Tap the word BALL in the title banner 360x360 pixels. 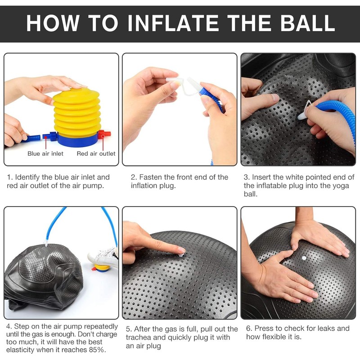(307, 23)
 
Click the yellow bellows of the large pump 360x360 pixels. (76, 112)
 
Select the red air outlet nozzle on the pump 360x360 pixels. (104, 134)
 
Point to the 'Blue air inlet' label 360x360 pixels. (45, 153)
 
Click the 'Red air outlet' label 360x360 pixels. (96, 153)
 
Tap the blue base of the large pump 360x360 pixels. (77, 140)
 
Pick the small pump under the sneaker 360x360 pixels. (101, 268)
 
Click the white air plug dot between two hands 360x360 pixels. (304, 258)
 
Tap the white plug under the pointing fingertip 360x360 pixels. (181, 255)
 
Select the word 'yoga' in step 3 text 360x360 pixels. (341, 186)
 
